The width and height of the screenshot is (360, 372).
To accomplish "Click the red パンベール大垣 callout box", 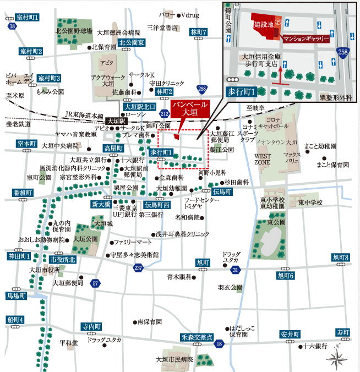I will click(x=189, y=108).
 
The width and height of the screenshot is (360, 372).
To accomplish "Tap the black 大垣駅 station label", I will click(x=116, y=121).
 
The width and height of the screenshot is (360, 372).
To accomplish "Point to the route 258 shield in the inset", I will click(x=343, y=52).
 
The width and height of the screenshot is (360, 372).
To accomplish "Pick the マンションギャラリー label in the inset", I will click(x=306, y=39).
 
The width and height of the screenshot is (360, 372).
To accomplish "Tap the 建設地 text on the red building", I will click(x=263, y=25).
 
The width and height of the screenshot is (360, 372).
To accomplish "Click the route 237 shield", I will click(x=138, y=267).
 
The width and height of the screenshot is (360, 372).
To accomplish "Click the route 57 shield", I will click(x=96, y=283).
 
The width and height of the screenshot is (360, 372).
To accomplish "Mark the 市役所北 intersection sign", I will click(x=62, y=259).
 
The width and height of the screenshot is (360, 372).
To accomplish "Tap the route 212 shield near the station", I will click(x=164, y=113).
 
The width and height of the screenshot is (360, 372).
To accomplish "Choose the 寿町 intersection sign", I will click(x=342, y=332).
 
